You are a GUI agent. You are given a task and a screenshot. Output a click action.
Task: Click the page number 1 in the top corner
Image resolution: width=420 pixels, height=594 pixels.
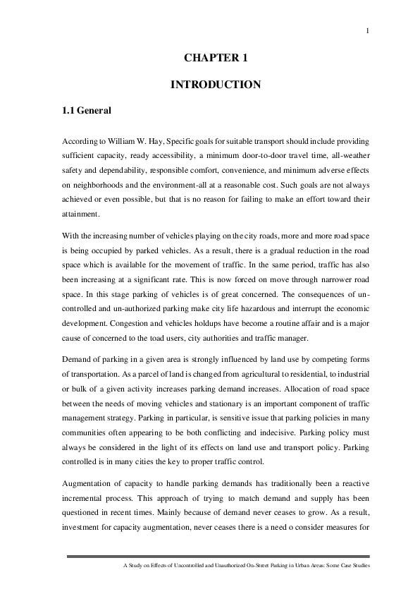(x=368, y=30)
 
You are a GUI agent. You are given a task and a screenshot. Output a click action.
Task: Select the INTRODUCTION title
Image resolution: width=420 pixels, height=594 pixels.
(x=216, y=85)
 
